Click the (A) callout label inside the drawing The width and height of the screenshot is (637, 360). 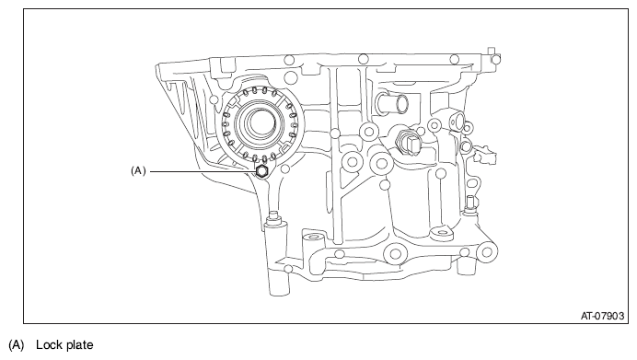[x=138, y=171]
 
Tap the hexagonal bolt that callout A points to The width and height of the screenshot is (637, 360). [x=262, y=172]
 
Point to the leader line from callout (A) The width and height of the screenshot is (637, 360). [x=203, y=171]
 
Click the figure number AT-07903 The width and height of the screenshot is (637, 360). [x=602, y=316]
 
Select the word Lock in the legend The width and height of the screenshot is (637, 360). [x=48, y=345]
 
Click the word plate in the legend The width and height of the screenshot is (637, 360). [x=79, y=345]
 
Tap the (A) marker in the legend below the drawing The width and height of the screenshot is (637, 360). [x=17, y=345]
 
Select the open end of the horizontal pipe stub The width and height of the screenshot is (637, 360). [x=403, y=104]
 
